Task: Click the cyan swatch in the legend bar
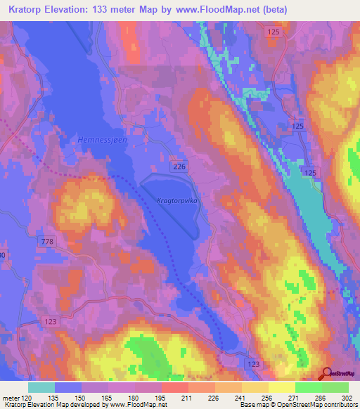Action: point(41,387)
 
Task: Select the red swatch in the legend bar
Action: point(174,387)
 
